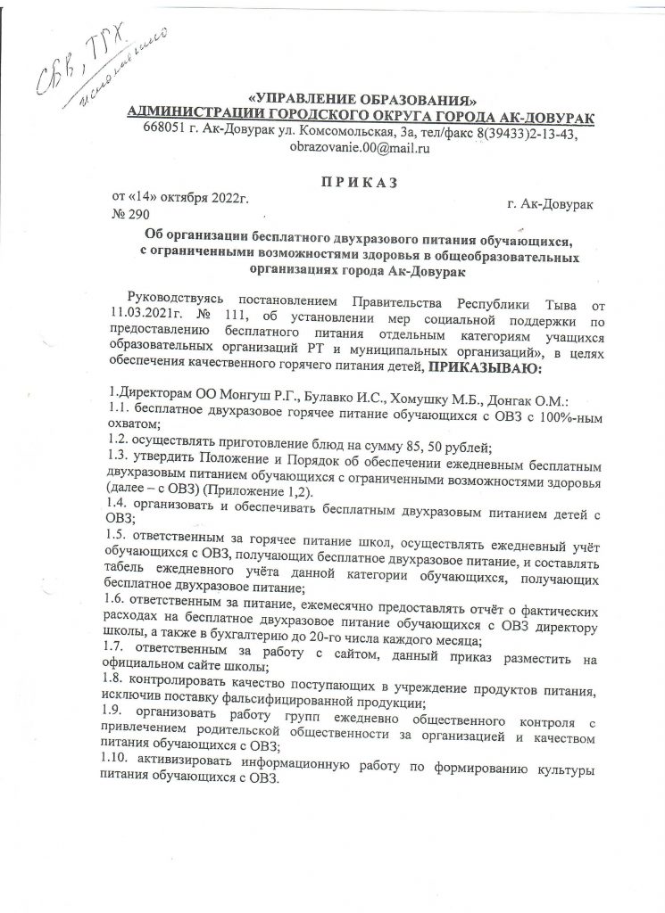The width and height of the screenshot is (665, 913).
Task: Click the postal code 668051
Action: pyautogui.click(x=164, y=132)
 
